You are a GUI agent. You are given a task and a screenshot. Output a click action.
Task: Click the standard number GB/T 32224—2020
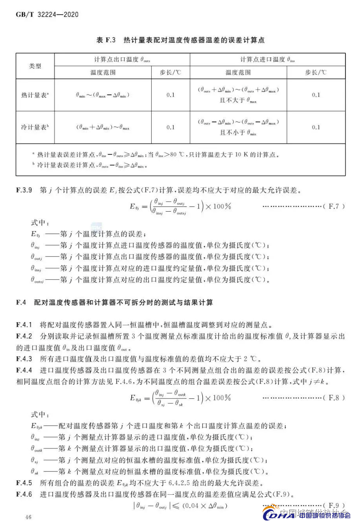(47, 15)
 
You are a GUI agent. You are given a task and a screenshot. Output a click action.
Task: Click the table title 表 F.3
(106, 40)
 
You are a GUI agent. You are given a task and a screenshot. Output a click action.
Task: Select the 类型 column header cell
(35, 66)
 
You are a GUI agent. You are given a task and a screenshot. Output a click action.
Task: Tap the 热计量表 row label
(35, 95)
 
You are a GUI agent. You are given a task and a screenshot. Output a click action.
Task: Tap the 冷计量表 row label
(35, 127)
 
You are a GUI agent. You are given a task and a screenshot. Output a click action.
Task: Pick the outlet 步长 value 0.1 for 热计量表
(171, 95)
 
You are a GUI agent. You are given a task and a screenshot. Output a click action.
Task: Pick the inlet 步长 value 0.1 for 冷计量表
(316, 127)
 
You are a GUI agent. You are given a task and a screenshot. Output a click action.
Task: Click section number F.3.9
(24, 190)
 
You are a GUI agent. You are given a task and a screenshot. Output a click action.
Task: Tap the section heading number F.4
(21, 302)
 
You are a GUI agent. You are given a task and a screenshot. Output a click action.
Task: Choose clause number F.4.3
(24, 359)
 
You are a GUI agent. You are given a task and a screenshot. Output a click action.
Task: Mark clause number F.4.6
(24, 494)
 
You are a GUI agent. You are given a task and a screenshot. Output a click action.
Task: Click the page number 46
(28, 517)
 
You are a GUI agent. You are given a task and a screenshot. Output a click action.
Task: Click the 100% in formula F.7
(222, 206)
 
